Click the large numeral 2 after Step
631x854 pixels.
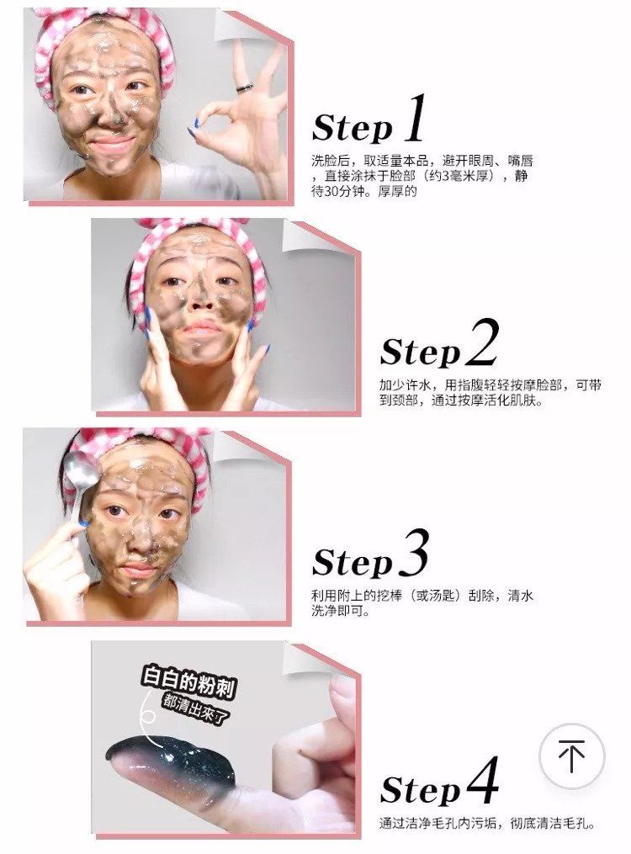pyautogui.click(x=481, y=344)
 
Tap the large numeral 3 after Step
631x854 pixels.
pyautogui.click(x=411, y=554)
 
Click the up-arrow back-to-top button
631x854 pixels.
pyautogui.click(x=572, y=756)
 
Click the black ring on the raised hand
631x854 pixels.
pyautogui.click(x=243, y=87)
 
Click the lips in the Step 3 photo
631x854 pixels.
pyautogui.click(x=136, y=570)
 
